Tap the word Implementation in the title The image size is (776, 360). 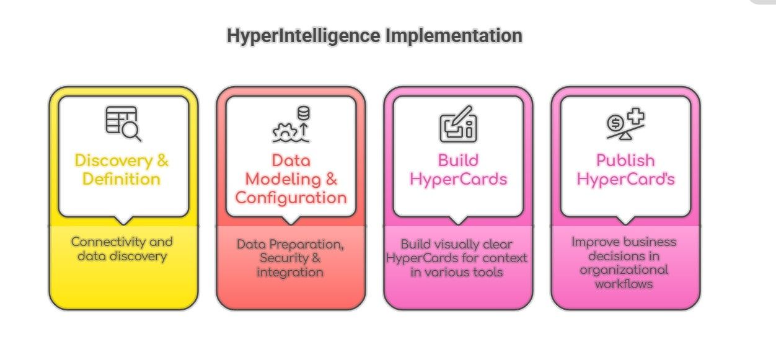454,36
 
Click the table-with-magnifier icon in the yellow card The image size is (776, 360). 123,123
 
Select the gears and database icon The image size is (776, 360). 291,124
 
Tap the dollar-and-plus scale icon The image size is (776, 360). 625,123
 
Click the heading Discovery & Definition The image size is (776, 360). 121,170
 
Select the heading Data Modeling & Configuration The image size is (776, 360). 291,179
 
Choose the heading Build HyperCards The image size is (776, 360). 458,170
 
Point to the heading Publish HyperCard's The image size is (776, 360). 625,170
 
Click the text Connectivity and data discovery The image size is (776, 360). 122,248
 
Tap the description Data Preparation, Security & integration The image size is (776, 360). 291,258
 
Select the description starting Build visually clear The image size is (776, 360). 457,258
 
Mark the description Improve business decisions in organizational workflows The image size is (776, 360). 624,263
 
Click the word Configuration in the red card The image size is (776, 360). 291,198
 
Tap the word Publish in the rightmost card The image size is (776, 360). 625,160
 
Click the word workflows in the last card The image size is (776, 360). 624,284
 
